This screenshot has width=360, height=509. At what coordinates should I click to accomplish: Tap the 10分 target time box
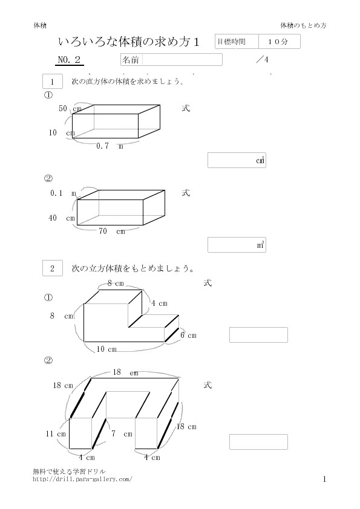pyautogui.click(x=280, y=42)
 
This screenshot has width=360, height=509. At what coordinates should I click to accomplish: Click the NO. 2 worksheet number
pyautogui.click(x=69, y=60)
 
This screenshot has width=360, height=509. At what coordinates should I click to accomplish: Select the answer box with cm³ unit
pyautogui.click(x=237, y=160)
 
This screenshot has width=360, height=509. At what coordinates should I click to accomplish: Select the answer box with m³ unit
pyautogui.click(x=237, y=245)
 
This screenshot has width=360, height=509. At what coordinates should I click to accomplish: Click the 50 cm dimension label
pyautogui.click(x=70, y=108)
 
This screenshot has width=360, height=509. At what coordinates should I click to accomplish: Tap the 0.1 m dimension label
pyautogui.click(x=63, y=193)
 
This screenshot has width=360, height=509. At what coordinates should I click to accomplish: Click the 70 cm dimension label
pyautogui.click(x=112, y=231)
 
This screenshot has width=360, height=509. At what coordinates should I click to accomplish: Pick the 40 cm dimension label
pyautogui.click(x=62, y=218)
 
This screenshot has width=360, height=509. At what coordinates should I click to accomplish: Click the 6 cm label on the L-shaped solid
pyautogui.click(x=188, y=336)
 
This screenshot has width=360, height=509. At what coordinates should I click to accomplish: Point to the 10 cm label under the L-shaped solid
pyautogui.click(x=106, y=349)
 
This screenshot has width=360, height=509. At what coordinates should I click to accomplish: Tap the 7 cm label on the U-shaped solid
pyautogui.click(x=122, y=433)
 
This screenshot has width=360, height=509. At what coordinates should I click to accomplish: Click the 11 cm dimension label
pyautogui.click(x=56, y=434)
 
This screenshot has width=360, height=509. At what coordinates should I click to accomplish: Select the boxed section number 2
pyautogui.click(x=52, y=268)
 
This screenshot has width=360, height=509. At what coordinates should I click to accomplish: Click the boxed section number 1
pyautogui.click(x=52, y=82)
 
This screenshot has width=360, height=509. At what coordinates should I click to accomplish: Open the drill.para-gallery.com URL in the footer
pyautogui.click(x=82, y=479)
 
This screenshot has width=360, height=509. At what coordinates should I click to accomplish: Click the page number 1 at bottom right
pyautogui.click(x=324, y=479)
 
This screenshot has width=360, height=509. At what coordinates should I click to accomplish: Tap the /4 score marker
pyautogui.click(x=262, y=59)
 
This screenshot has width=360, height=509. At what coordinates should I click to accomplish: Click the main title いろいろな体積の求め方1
pyautogui.click(x=129, y=42)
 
